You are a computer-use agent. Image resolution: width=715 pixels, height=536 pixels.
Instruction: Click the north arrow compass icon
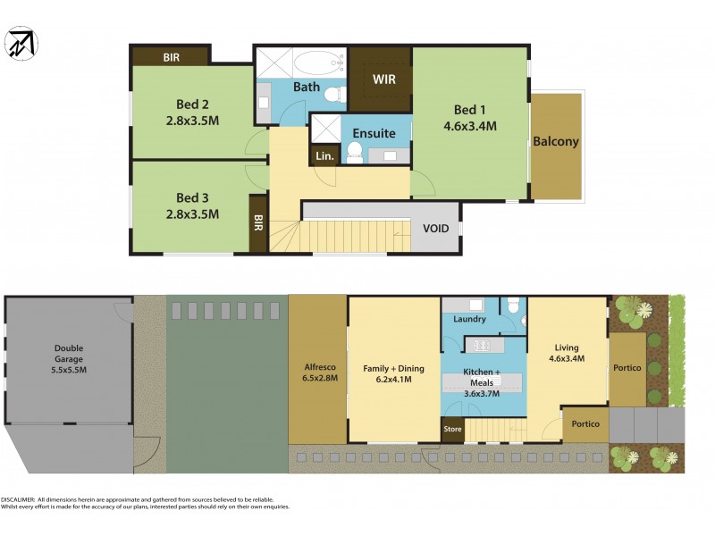click(x=21, y=43)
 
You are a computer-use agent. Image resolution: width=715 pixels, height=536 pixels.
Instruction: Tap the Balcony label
click(x=556, y=141)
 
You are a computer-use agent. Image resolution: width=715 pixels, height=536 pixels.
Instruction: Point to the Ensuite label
click(x=374, y=133)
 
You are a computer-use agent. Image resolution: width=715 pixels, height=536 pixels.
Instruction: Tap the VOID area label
click(x=436, y=229)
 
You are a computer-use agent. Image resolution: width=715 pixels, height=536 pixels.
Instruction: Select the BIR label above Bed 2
click(x=172, y=57)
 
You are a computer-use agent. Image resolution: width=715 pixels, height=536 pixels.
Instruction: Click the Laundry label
click(x=469, y=319)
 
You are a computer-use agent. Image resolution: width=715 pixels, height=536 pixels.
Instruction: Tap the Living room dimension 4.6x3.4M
click(x=566, y=359)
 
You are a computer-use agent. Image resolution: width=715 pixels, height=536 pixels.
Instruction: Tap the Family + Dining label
click(x=393, y=368)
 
